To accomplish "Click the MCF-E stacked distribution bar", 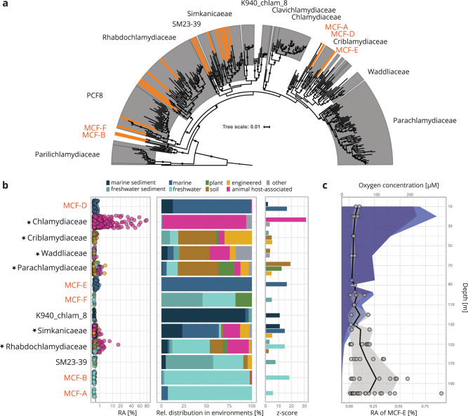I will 206,284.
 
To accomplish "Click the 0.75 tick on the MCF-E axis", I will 423,405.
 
